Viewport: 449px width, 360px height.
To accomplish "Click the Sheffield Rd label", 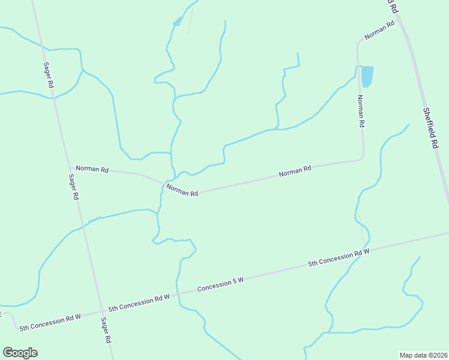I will pos(431,128).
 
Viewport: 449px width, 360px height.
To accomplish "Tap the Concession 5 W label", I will pos(221,284).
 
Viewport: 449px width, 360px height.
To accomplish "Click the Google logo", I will pos(20,352).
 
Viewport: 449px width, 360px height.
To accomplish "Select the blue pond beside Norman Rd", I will pos(367,76).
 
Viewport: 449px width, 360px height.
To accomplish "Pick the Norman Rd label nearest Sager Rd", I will pos(92,170).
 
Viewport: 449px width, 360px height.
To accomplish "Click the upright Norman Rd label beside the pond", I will pos(361,112).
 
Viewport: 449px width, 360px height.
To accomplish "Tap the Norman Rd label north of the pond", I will pos(379,30).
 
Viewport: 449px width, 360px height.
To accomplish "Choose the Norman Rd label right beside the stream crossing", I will pos(182,190).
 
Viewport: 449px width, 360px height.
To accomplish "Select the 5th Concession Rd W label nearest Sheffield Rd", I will pos(338,258).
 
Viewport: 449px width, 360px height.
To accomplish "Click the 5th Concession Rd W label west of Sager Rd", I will pos(50,322).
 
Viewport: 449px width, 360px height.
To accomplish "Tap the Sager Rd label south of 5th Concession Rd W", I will pos(106,330).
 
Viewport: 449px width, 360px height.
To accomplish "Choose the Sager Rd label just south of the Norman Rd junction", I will pos(73,187).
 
